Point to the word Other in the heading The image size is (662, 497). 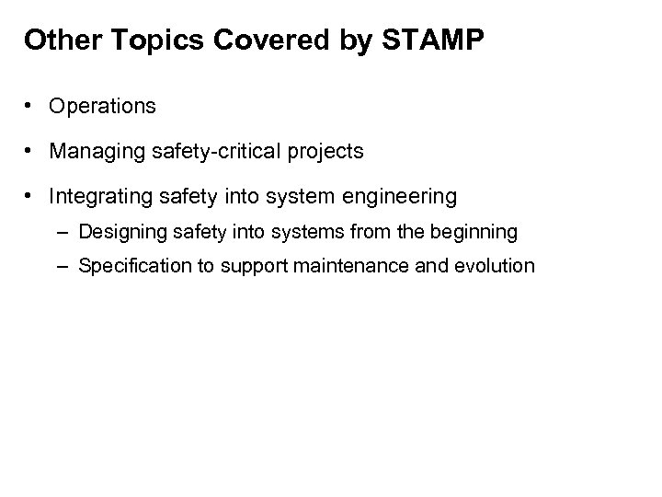coord(51,41)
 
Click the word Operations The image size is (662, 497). coord(103,107)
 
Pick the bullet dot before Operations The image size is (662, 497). coord(32,107)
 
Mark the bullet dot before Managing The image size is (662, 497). coord(32,151)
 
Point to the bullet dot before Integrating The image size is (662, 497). coord(32,196)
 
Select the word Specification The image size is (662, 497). coord(131,267)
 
